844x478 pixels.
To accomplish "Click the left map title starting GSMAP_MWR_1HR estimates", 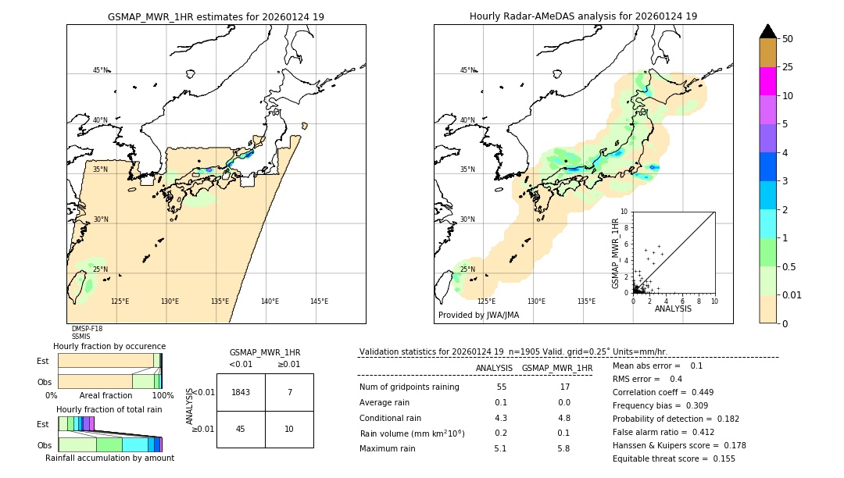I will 216,16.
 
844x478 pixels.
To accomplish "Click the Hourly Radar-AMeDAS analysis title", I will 583,16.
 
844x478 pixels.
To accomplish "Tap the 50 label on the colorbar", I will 788,39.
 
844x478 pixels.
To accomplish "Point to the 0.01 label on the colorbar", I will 792,294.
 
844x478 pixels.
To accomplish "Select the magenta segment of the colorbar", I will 767,81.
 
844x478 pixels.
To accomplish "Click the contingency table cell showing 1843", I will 241,392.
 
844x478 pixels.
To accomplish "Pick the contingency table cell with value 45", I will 241,429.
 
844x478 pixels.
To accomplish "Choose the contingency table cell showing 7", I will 289,392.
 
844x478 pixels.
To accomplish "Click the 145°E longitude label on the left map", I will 319,301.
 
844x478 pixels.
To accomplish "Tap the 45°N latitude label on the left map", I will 101,70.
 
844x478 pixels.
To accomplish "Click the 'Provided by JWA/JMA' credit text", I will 478,316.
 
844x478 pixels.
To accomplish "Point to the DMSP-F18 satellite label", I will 87,329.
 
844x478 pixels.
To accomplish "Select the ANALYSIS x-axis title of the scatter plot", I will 673,309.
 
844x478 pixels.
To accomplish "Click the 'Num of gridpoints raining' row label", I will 409,387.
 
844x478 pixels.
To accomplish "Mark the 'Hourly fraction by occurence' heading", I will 109,346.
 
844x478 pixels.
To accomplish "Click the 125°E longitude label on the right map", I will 486,301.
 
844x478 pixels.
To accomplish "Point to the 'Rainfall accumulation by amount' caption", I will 109,458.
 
